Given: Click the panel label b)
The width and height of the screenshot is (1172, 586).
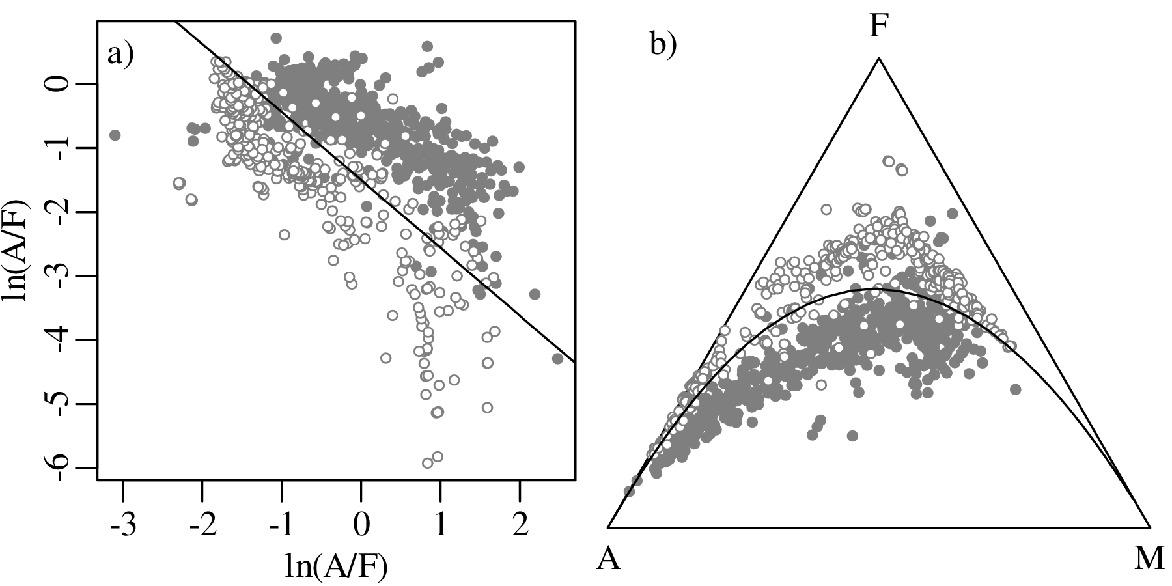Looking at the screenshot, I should pyautogui.click(x=663, y=45).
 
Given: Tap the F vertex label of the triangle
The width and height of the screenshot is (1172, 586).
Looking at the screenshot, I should pyautogui.click(x=878, y=27).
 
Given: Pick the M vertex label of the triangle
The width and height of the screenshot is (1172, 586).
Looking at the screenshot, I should pyautogui.click(x=1149, y=559).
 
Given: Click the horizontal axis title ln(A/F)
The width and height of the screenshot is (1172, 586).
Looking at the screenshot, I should pyautogui.click(x=336, y=565).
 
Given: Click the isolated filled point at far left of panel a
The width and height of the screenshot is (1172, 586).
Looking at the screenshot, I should pyautogui.click(x=115, y=135).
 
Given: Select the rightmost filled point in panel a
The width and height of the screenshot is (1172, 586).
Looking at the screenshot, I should pyautogui.click(x=557, y=358).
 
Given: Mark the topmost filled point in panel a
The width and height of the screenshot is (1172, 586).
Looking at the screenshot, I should pyautogui.click(x=276, y=38).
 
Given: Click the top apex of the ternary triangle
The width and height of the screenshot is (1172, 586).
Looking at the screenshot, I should pyautogui.click(x=878, y=58).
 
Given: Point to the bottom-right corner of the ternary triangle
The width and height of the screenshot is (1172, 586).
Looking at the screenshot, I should pyautogui.click(x=1150, y=526).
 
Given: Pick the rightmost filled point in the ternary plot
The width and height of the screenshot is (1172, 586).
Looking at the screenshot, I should pyautogui.click(x=1015, y=389).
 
